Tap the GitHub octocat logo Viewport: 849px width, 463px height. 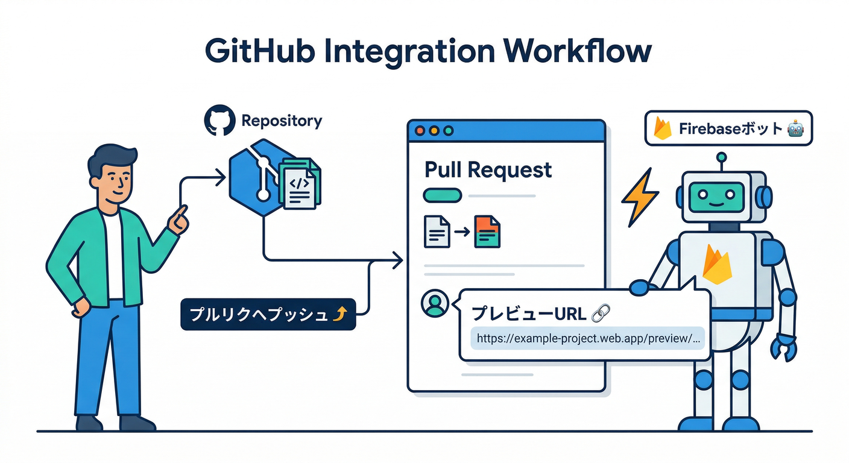pos(219,121)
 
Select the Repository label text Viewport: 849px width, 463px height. pos(282,121)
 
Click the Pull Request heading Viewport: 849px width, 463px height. pos(488,170)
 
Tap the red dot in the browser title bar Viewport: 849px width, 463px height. pos(420,131)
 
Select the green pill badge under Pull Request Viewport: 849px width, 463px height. pos(443,195)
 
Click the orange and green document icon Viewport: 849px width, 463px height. pos(487,232)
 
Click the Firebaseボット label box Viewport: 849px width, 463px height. pos(728,128)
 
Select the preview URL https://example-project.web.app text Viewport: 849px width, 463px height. pos(588,338)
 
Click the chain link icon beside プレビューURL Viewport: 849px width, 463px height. pos(601,313)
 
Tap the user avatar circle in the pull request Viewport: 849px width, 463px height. pos(434,304)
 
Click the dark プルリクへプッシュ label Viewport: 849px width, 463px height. pos(268,314)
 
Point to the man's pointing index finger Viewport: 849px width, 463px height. pos(181,213)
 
